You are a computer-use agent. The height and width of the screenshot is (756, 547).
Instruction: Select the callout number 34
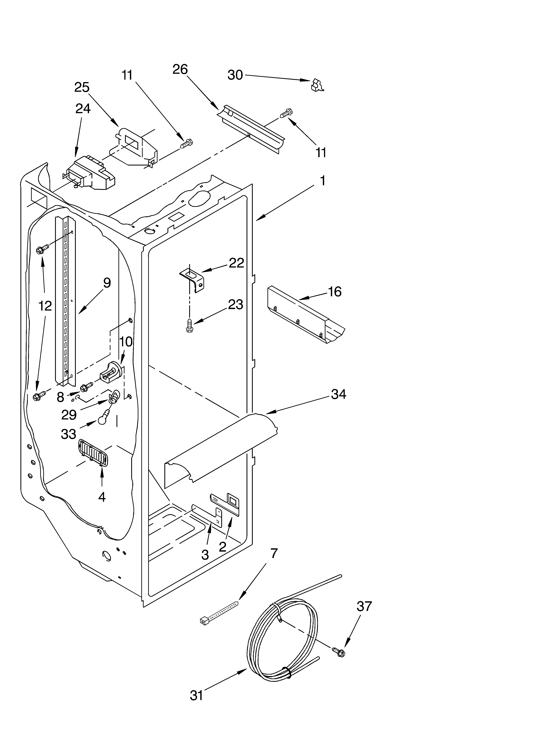point(339,394)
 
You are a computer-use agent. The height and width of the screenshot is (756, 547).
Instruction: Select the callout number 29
point(69,415)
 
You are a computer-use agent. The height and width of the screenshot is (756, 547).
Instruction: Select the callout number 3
point(205,555)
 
